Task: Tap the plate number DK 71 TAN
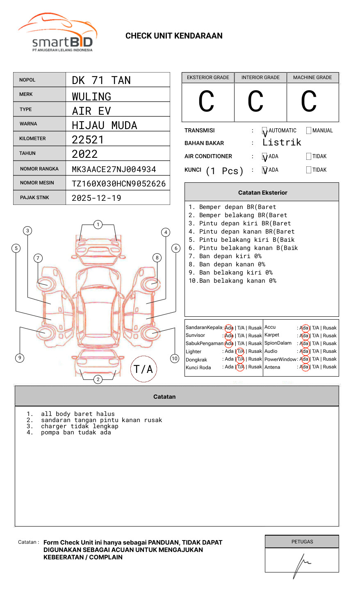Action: (x=101, y=80)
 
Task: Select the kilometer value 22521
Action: (x=88, y=140)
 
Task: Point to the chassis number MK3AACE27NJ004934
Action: (x=114, y=169)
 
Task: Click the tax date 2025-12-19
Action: (x=96, y=198)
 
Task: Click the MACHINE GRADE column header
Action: (x=312, y=77)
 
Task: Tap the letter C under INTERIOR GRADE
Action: (x=255, y=102)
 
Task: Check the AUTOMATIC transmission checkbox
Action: (x=265, y=131)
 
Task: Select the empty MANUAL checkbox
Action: (x=309, y=131)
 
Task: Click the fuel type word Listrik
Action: (x=282, y=143)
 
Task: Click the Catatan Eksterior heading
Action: (x=262, y=193)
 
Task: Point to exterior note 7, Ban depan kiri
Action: (x=225, y=256)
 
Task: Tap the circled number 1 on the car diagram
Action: (x=98, y=224)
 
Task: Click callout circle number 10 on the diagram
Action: (x=175, y=359)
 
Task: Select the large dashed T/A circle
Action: (x=144, y=369)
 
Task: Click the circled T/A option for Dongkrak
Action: (x=240, y=359)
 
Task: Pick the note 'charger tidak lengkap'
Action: (x=80, y=426)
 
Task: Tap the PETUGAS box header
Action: (x=302, y=542)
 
